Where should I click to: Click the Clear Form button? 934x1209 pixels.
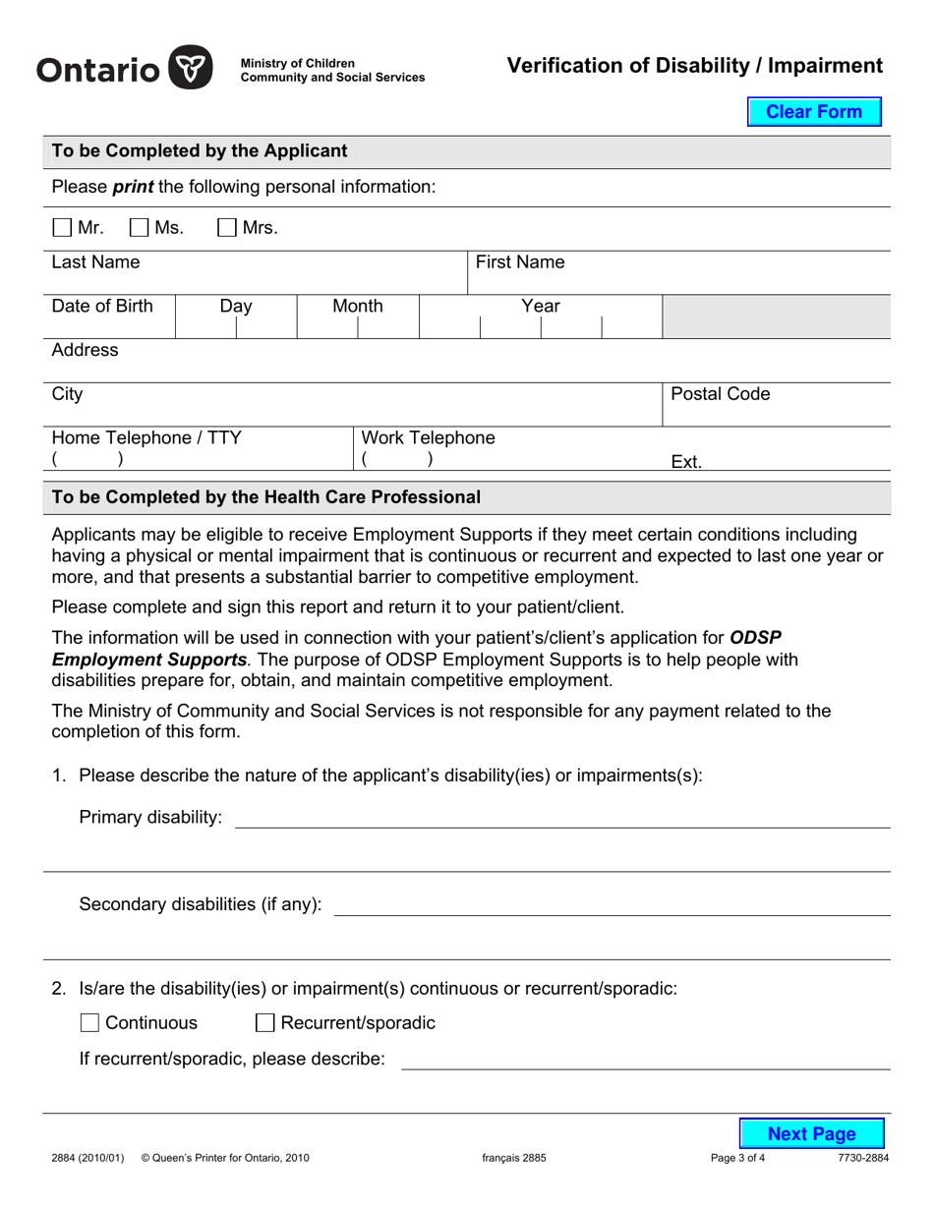click(x=813, y=112)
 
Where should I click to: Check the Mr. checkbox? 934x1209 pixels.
click(x=62, y=228)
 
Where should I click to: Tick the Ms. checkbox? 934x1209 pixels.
click(x=140, y=228)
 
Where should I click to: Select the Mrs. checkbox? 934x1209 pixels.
click(x=227, y=228)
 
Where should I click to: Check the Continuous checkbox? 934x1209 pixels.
click(x=89, y=1023)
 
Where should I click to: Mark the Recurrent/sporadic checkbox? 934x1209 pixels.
click(x=264, y=1023)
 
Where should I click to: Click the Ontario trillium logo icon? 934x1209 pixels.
click(x=191, y=69)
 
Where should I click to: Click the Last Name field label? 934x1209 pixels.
click(x=95, y=262)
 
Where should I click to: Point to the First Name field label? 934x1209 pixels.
click(x=520, y=262)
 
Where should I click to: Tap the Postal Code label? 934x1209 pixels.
click(x=720, y=394)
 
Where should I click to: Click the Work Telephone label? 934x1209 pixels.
click(x=428, y=437)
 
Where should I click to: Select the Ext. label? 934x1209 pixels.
click(x=685, y=462)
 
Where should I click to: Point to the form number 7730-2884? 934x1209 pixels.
click(x=862, y=1158)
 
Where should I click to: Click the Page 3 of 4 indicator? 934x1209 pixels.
click(x=737, y=1158)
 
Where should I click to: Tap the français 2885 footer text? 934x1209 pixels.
click(x=513, y=1158)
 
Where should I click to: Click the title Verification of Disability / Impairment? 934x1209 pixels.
click(x=694, y=66)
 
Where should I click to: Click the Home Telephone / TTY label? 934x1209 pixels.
click(x=146, y=437)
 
